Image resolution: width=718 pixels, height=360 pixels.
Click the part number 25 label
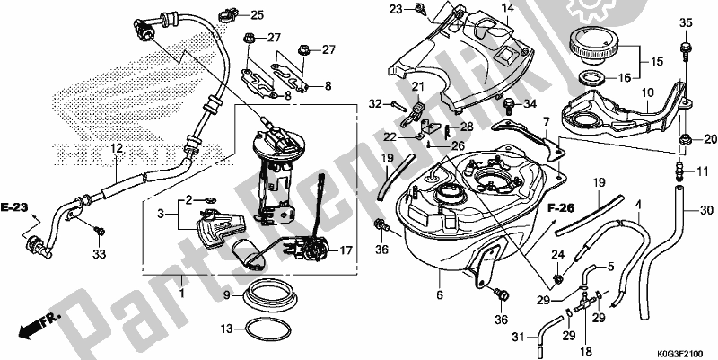pos(232,15)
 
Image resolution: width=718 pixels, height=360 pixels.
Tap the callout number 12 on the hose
pos(117,147)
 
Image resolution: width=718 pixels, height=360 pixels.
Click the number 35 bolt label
pos(685,22)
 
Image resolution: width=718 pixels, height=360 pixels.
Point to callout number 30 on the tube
pos(705,211)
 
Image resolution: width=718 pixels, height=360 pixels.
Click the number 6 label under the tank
pos(441,293)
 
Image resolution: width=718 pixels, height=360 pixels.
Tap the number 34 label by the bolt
pos(530,103)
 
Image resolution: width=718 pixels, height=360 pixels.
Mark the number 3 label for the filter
pos(162,214)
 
